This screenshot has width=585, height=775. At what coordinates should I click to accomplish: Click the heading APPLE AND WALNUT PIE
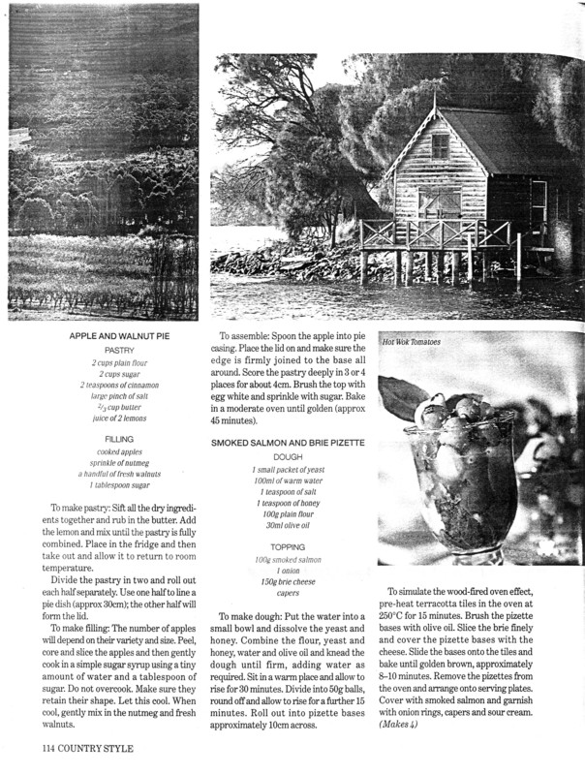pos(119,335)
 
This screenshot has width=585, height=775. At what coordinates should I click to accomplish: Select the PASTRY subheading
pos(119,350)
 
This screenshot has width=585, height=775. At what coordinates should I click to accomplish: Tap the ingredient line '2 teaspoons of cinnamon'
pos(119,385)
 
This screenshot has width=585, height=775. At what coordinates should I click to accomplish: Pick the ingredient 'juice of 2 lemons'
pos(119,419)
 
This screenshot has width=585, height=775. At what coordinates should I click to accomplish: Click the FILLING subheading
pos(119,439)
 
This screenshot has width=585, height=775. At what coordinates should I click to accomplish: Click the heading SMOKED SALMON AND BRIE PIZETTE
pos(288,442)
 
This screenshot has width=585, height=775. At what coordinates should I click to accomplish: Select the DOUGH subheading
pos(288,456)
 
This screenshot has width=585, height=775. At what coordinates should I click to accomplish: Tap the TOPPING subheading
pos(288,546)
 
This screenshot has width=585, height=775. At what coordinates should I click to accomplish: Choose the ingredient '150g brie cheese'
pos(288,582)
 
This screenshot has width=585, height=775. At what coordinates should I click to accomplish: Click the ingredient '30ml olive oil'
pos(288,526)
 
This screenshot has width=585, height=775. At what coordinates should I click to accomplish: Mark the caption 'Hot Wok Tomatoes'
pos(411,342)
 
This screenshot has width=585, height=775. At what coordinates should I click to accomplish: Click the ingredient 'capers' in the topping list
pos(288,594)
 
